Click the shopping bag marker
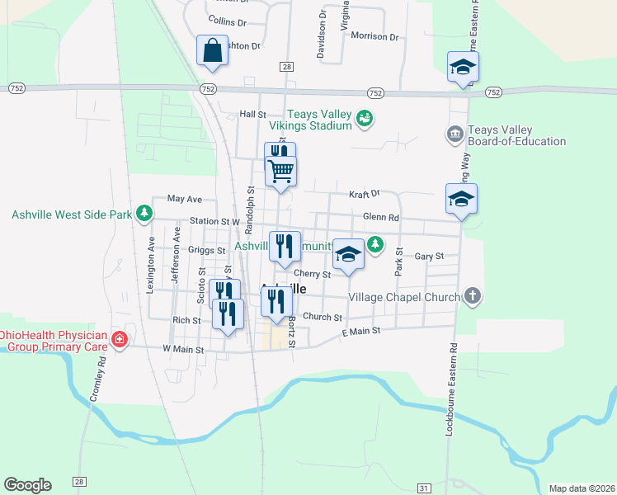(x=212, y=50)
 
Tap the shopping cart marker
(x=281, y=171)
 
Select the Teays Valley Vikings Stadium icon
(x=364, y=120)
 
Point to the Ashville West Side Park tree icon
(x=144, y=214)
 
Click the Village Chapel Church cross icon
(x=472, y=296)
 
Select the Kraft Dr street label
(x=364, y=193)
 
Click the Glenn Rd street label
(x=381, y=217)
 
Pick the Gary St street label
(x=429, y=257)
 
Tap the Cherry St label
(x=313, y=274)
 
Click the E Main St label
(x=360, y=331)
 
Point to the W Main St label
(x=182, y=349)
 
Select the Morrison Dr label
(x=374, y=36)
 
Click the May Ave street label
(x=184, y=199)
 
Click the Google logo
(x=27, y=485)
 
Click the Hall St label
(x=252, y=115)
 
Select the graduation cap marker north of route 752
(x=463, y=67)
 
